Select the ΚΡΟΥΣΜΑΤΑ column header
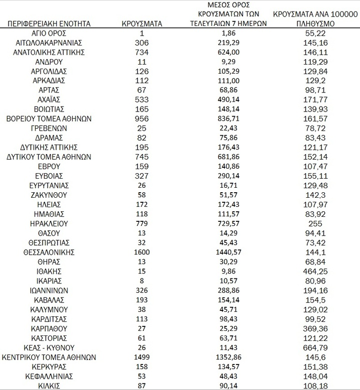click(141, 23)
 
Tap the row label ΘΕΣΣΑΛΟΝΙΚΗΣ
click(49, 252)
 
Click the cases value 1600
click(141, 252)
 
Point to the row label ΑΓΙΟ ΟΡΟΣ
click(49, 33)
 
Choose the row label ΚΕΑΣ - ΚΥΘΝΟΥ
click(49, 347)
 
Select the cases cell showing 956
click(141, 119)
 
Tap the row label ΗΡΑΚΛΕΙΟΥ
click(49, 223)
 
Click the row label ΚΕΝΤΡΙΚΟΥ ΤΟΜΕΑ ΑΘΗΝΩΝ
click(49, 357)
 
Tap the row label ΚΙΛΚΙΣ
click(49, 385)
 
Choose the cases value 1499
click(141, 357)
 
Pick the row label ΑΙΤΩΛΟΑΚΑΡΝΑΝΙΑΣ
click(49, 43)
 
